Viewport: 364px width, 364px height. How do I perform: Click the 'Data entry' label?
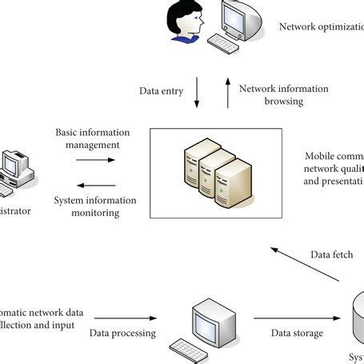(161, 91)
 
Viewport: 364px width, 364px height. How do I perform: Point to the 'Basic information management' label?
(87, 138)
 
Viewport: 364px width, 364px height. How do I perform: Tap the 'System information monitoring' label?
(94, 206)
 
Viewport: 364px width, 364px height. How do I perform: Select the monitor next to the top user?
(243, 19)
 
